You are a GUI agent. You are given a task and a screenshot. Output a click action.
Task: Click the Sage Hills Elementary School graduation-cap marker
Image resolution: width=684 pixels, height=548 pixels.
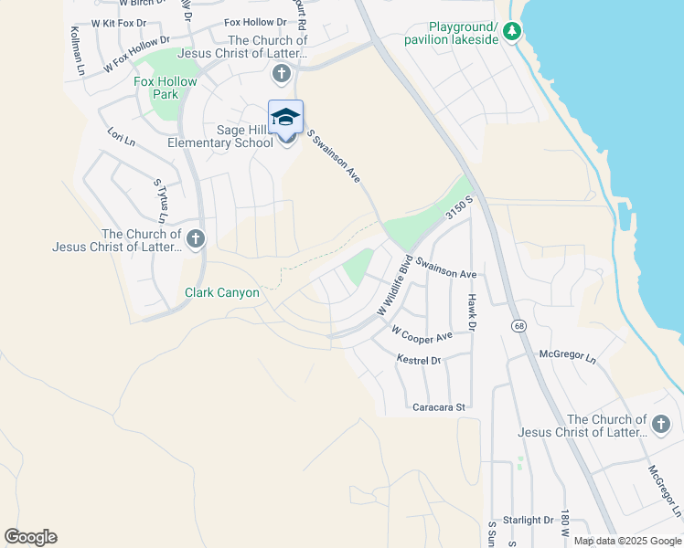point(285,116)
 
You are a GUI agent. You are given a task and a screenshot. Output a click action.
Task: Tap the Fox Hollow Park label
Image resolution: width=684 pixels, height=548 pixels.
point(166,88)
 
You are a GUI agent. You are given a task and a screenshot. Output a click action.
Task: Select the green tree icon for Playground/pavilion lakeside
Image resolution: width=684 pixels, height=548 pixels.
point(513,34)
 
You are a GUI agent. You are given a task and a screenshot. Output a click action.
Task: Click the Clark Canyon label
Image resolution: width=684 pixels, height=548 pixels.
point(222,293)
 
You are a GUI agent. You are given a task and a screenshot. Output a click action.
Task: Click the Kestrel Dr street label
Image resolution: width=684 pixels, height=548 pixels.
point(419,361)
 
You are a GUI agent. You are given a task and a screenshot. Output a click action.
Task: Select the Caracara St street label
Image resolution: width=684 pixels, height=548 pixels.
point(440,406)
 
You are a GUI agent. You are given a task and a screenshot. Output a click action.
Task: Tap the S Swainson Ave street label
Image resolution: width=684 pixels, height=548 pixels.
point(334,157)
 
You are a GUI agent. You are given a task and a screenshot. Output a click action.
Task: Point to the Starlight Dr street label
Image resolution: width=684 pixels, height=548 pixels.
point(529,520)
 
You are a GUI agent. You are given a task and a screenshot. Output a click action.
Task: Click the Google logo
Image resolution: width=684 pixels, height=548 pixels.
point(30,537)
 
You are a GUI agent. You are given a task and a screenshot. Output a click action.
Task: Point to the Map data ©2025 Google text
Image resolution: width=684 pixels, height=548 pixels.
point(626,541)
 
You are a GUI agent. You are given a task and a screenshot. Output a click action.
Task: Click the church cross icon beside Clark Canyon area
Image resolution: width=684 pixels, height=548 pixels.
point(194,239)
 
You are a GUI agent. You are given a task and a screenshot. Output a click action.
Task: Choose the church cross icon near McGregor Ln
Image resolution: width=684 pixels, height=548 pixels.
point(661,424)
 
